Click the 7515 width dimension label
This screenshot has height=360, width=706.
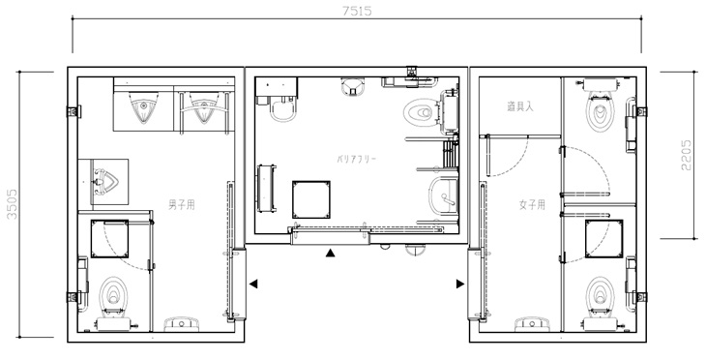(x=357, y=12)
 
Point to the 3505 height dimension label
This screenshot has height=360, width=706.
(x=13, y=204)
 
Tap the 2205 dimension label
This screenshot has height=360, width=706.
(x=687, y=155)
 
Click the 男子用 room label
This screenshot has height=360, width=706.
(x=182, y=205)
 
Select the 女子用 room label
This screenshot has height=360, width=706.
(x=532, y=205)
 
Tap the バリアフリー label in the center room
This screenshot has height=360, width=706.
(x=356, y=159)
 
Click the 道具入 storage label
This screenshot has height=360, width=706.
(x=520, y=106)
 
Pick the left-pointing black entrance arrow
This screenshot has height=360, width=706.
(x=253, y=284)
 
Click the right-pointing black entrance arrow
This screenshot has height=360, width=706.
(x=460, y=284)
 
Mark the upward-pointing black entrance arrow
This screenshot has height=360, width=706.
(x=331, y=253)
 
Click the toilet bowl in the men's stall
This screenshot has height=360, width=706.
(x=113, y=294)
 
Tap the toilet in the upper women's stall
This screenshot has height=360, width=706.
(x=600, y=110)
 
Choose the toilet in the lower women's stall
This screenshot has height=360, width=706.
(x=601, y=294)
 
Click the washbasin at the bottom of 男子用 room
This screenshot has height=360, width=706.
(x=182, y=323)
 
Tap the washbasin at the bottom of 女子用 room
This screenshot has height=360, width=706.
(x=533, y=323)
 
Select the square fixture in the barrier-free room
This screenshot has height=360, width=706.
(x=311, y=199)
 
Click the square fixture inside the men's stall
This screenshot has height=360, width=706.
(x=110, y=239)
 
